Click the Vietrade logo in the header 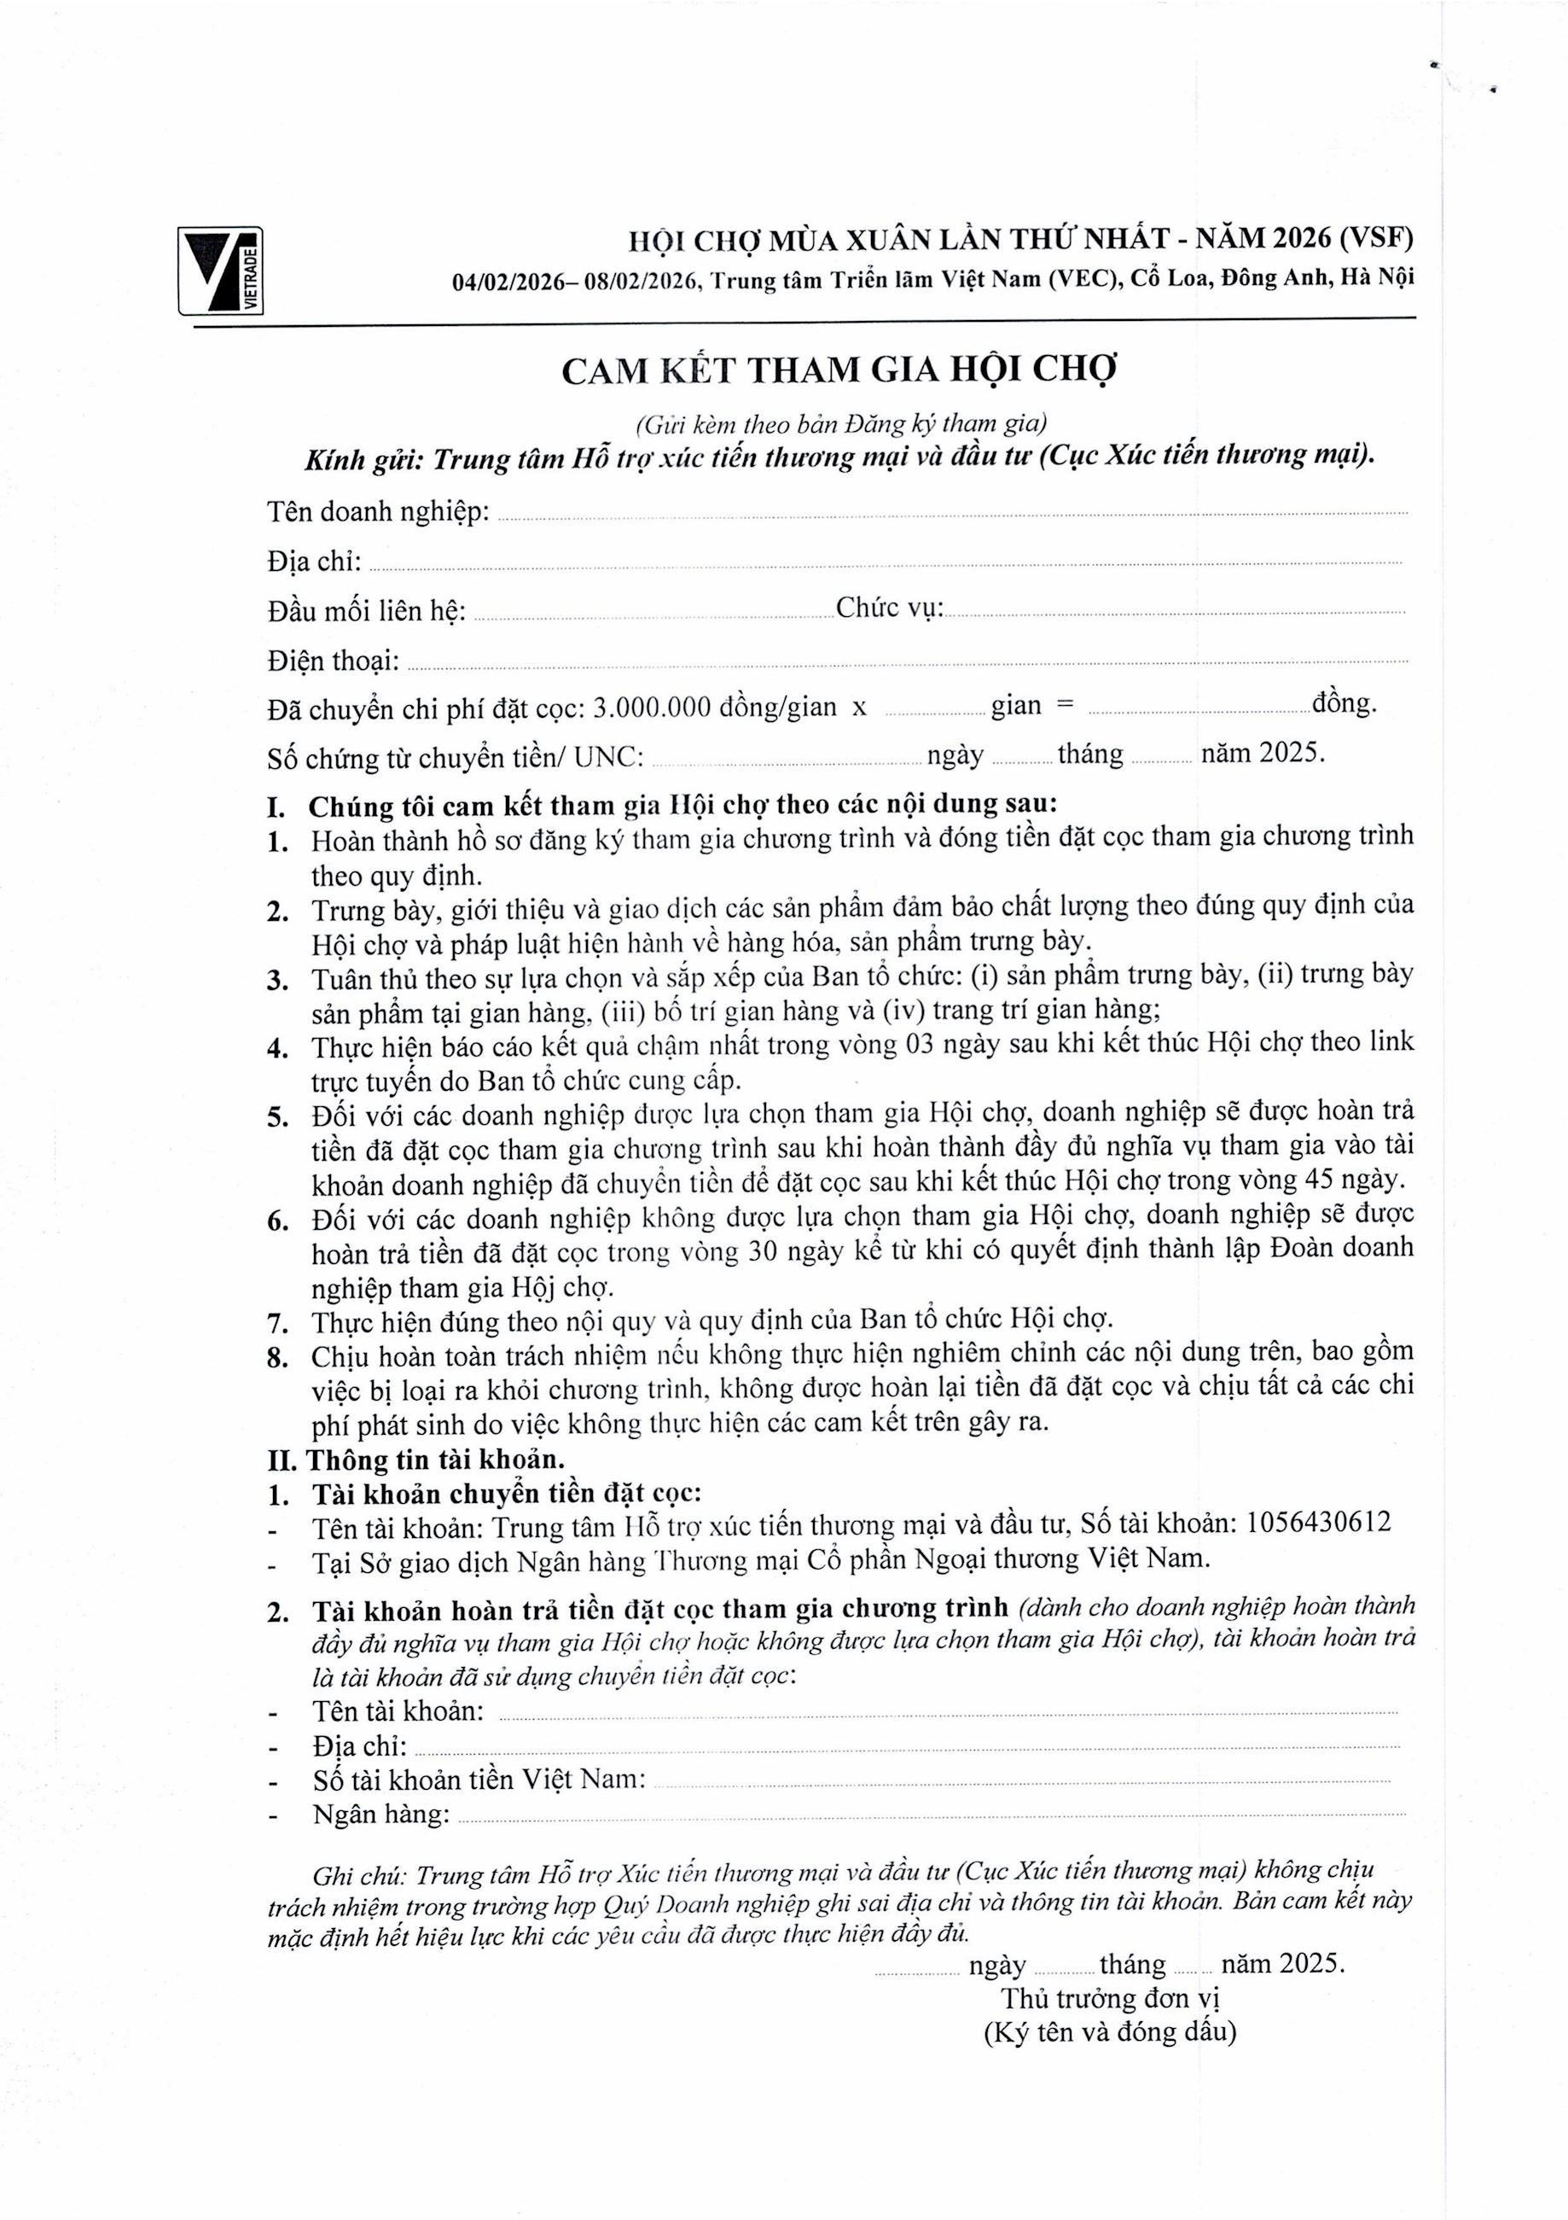220,270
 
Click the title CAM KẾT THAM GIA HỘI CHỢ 839,370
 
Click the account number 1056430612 1319,1523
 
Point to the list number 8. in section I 278,1358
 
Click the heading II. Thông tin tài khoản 415,1458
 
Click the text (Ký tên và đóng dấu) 1110,2032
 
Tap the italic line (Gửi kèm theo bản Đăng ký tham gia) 840,423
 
